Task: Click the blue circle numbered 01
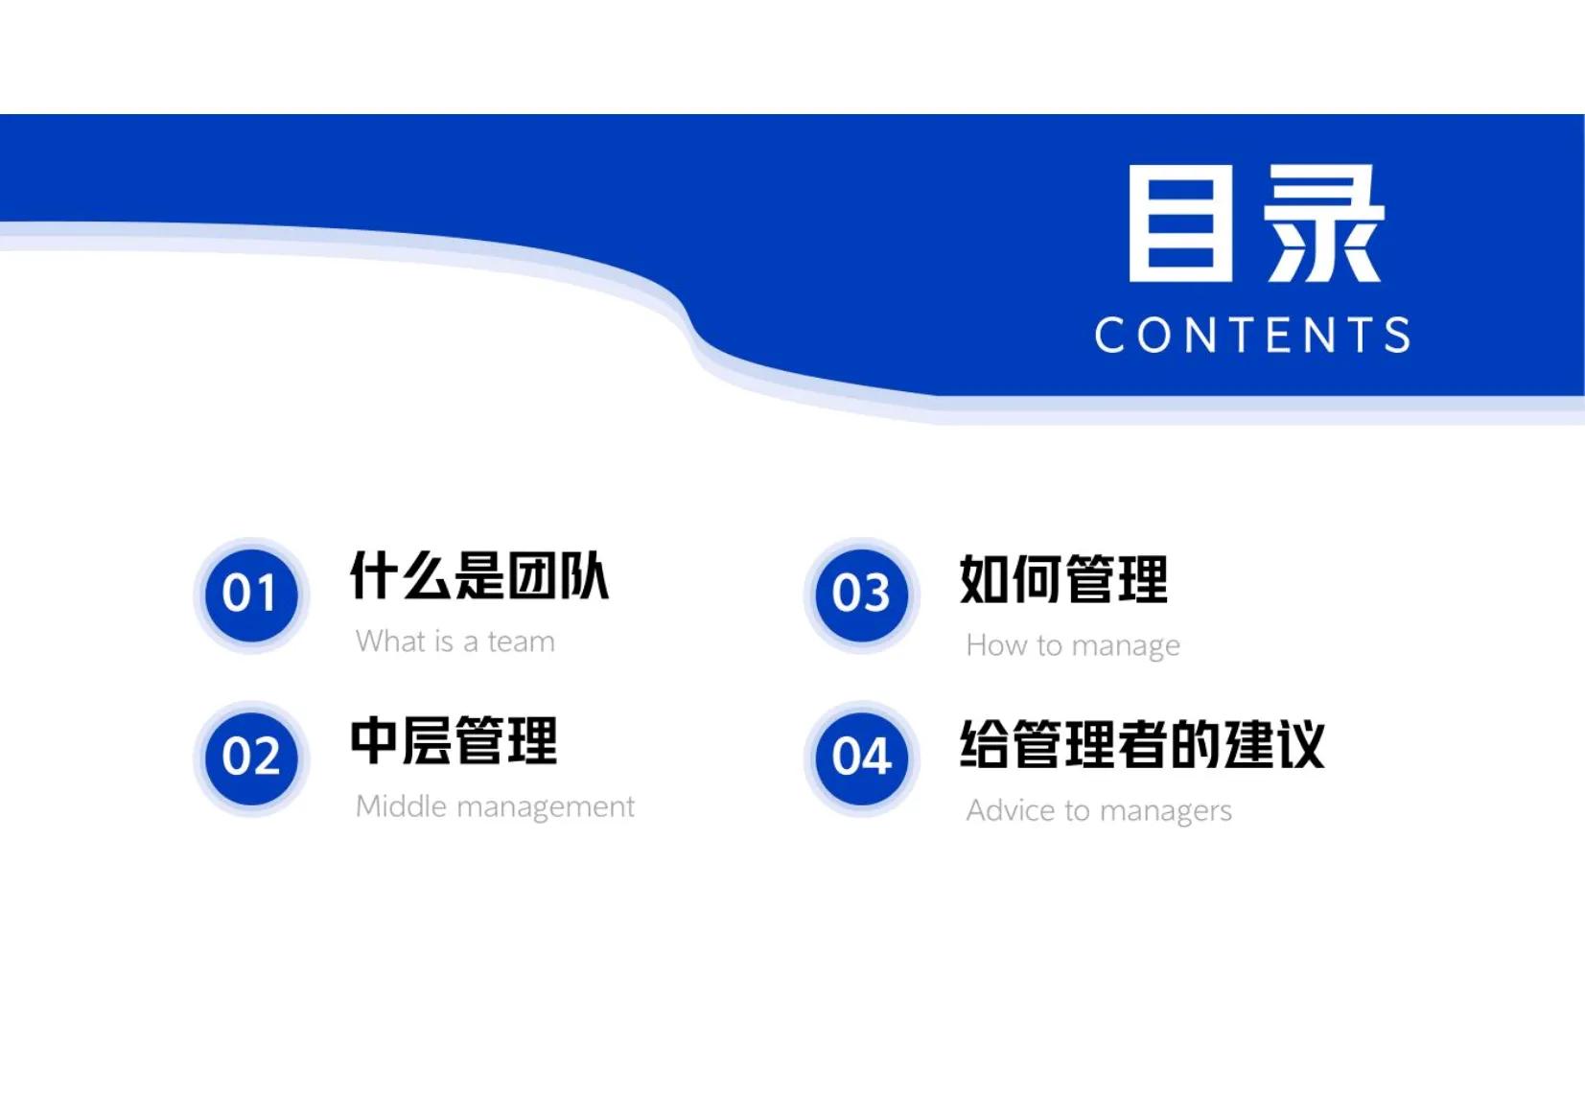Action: pyautogui.click(x=251, y=595)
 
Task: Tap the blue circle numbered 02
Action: pyautogui.click(x=251, y=758)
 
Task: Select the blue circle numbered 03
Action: pyautogui.click(x=861, y=595)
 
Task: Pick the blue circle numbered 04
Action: pyautogui.click(x=861, y=758)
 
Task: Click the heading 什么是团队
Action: pyautogui.click(x=478, y=576)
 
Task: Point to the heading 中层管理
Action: pyautogui.click(x=454, y=741)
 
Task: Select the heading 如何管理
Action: pyautogui.click(x=1063, y=579)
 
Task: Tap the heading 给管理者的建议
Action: pyautogui.click(x=1142, y=744)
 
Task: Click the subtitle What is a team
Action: pyautogui.click(x=455, y=641)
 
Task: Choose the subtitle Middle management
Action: pyautogui.click(x=495, y=806)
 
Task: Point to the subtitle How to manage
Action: pyautogui.click(x=1073, y=645)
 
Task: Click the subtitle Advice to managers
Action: pyautogui.click(x=1099, y=811)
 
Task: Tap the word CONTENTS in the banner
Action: pyautogui.click(x=1253, y=336)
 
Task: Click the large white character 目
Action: pyautogui.click(x=1180, y=223)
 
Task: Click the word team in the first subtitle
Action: pyautogui.click(x=521, y=642)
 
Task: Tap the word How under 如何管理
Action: pyautogui.click(x=996, y=645)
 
